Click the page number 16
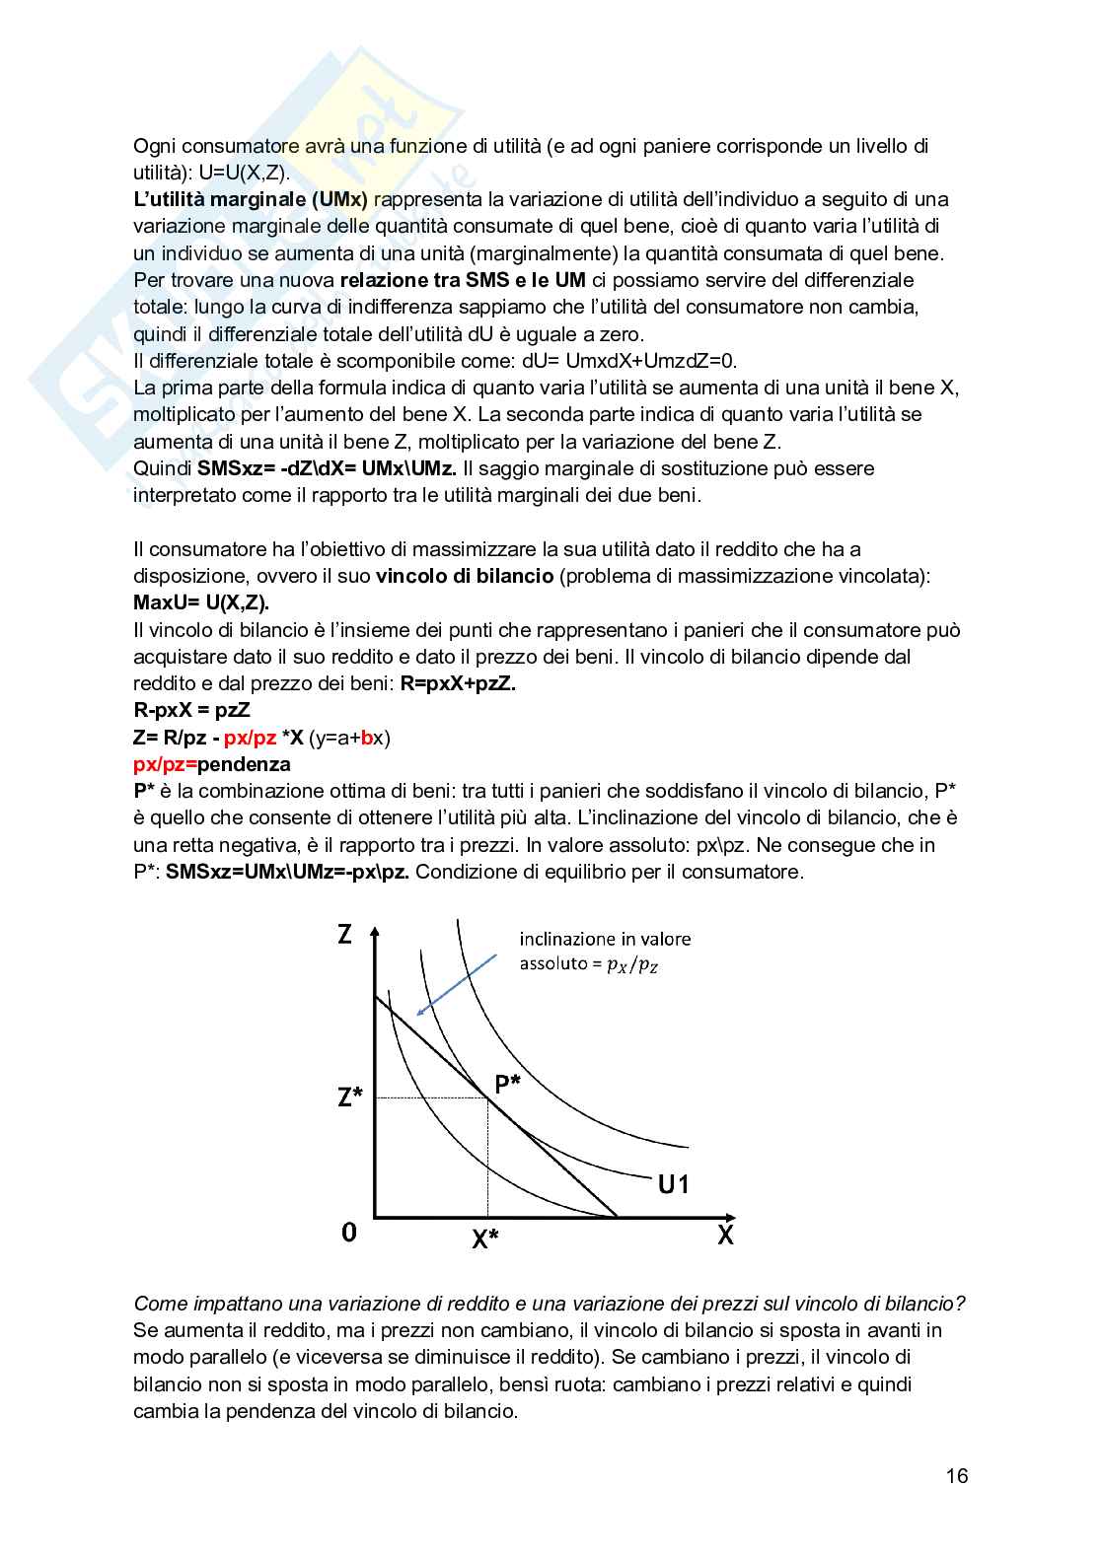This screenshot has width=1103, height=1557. [x=956, y=1476]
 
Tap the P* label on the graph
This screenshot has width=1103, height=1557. [x=508, y=1085]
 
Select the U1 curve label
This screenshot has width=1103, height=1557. [x=673, y=1184]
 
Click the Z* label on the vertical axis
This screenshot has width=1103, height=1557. [x=350, y=1096]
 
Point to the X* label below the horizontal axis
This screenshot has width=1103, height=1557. [x=484, y=1239]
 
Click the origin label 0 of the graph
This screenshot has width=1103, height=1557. [x=348, y=1232]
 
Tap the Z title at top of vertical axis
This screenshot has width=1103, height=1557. [x=344, y=933]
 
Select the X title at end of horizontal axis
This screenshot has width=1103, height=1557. [x=725, y=1235]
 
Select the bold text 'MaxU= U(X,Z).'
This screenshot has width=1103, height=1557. [x=201, y=602]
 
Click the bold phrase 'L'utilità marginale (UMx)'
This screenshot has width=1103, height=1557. [x=251, y=199]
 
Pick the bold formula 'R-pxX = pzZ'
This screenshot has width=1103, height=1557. [x=191, y=710]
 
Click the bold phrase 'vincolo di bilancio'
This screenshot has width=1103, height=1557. [x=465, y=576]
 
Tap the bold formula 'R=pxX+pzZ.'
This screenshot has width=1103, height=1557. [x=458, y=683]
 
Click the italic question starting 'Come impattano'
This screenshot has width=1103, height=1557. [x=549, y=1304]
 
